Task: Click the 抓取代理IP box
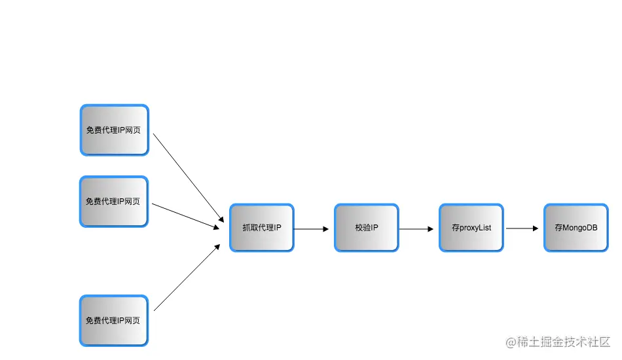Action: (262, 228)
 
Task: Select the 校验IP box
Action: (367, 228)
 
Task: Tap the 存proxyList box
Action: (471, 228)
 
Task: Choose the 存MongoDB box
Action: (576, 228)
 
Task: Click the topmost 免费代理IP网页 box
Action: (114, 130)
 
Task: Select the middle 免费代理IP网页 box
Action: (114, 202)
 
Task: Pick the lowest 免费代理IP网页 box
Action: (114, 320)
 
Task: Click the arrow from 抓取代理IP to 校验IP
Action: (312, 229)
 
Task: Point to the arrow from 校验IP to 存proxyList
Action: (416, 229)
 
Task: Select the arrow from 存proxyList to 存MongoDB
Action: (522, 228)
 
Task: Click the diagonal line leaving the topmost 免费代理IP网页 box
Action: (189, 178)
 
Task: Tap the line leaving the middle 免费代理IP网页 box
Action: (186, 217)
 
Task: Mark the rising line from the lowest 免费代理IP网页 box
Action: (187, 277)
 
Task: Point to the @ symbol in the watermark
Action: (511, 342)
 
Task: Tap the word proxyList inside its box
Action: (475, 228)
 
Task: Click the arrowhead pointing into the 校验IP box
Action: (326, 229)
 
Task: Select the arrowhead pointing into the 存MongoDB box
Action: (536, 228)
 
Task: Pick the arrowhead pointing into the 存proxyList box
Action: (431, 229)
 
